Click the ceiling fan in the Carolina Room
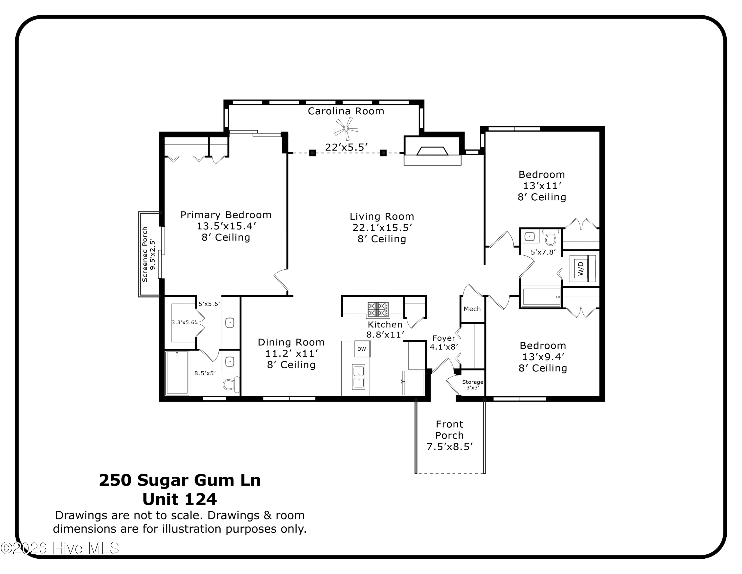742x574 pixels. click(346, 129)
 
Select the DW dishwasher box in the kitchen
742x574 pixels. click(362, 349)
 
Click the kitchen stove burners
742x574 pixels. click(378, 310)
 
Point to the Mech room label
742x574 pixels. click(472, 309)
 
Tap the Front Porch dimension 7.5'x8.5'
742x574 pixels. click(449, 446)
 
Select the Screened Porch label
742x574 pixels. click(145, 254)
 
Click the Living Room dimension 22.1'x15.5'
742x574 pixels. click(382, 228)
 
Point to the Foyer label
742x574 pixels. click(443, 338)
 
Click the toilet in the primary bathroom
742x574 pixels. click(230, 384)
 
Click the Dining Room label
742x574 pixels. click(291, 342)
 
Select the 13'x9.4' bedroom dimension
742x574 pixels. click(543, 357)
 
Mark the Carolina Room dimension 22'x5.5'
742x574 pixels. click(346, 147)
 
